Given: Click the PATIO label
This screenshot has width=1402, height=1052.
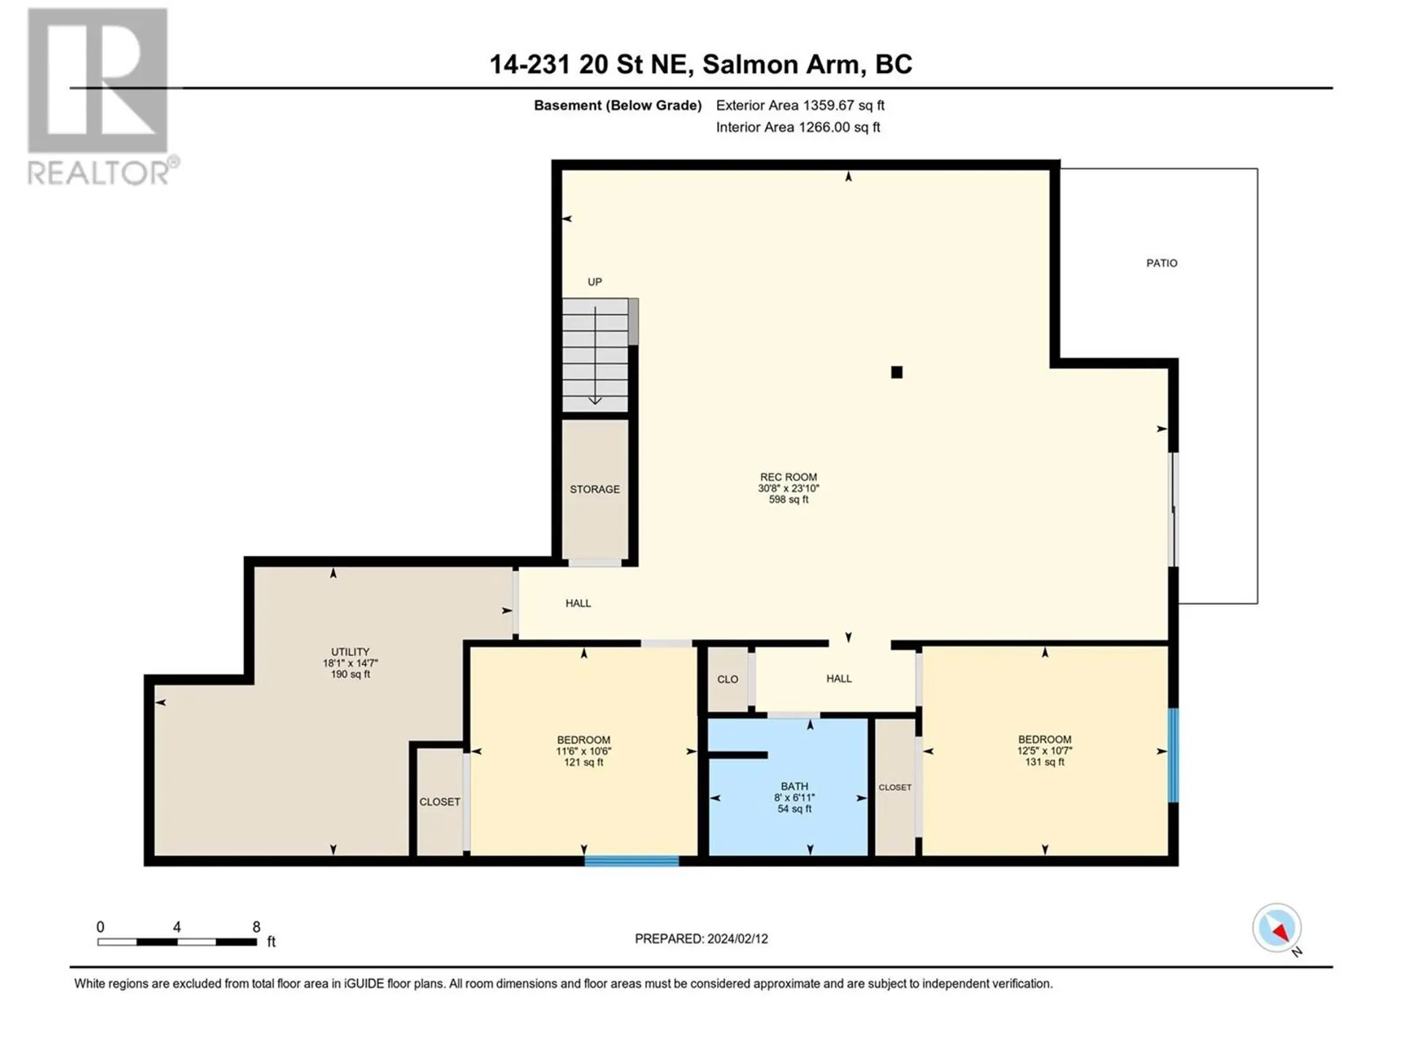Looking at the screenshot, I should tap(1161, 263).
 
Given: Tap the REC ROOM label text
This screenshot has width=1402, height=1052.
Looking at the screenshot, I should tap(788, 477).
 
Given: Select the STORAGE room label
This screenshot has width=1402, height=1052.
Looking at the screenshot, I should tap(594, 489).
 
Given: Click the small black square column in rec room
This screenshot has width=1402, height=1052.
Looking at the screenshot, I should tap(897, 373).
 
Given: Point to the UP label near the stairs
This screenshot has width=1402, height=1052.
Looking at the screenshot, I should tap(594, 282).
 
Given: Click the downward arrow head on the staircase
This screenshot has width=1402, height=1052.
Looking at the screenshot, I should tap(595, 400).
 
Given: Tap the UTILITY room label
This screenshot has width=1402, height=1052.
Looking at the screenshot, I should tap(350, 652).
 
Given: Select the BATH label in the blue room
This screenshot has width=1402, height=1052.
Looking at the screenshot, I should tap(794, 787).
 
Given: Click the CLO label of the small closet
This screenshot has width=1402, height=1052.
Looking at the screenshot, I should tap(727, 679).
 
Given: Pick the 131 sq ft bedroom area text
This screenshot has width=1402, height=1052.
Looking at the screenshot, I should tap(1044, 762).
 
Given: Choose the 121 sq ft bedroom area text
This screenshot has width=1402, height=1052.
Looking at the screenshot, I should tap(583, 763).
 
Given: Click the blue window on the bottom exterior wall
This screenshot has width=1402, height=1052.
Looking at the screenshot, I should tap(632, 861).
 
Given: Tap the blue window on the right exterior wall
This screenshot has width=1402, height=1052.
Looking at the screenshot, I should tap(1173, 755).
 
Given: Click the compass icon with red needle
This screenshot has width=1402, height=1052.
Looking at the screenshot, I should tap(1276, 928).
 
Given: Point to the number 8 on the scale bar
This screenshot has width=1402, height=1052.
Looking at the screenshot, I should tap(256, 927).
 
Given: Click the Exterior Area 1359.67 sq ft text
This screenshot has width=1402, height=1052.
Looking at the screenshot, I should tap(800, 105).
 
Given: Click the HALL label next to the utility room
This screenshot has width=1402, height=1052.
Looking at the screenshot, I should tap(578, 603).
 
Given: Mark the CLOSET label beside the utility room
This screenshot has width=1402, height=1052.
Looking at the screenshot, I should tap(439, 802).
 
